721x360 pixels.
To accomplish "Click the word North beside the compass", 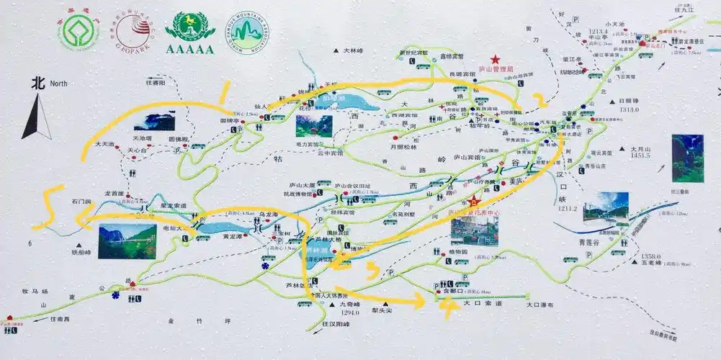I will tap(58, 84).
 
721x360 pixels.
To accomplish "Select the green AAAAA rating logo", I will tap(189, 33).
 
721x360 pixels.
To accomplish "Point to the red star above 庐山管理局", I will tap(496, 59).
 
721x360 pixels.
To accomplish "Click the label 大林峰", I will tap(353, 51).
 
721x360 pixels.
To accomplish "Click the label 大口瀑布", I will tap(540, 305).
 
